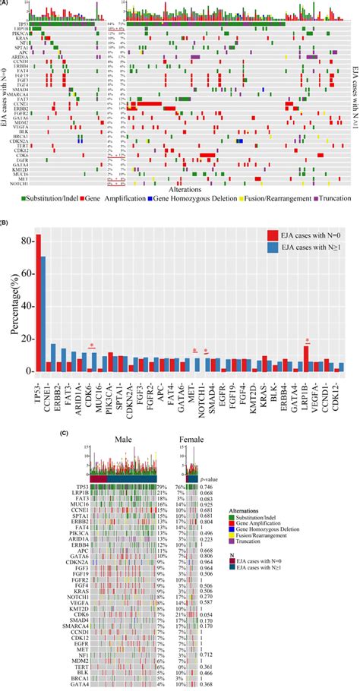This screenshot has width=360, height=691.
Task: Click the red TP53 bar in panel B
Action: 39,304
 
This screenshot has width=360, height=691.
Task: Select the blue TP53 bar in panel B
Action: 43,314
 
